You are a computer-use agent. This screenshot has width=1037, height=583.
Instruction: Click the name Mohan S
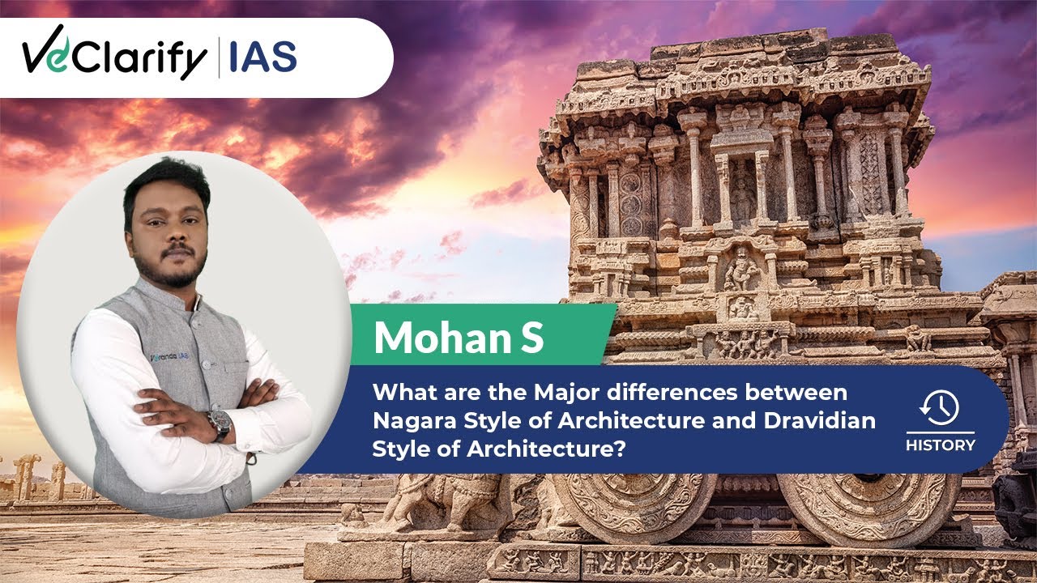tap(458, 338)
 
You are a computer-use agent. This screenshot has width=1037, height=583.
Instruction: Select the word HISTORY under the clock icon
tap(941, 445)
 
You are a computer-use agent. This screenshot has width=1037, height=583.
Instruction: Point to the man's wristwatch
tap(219, 423)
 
